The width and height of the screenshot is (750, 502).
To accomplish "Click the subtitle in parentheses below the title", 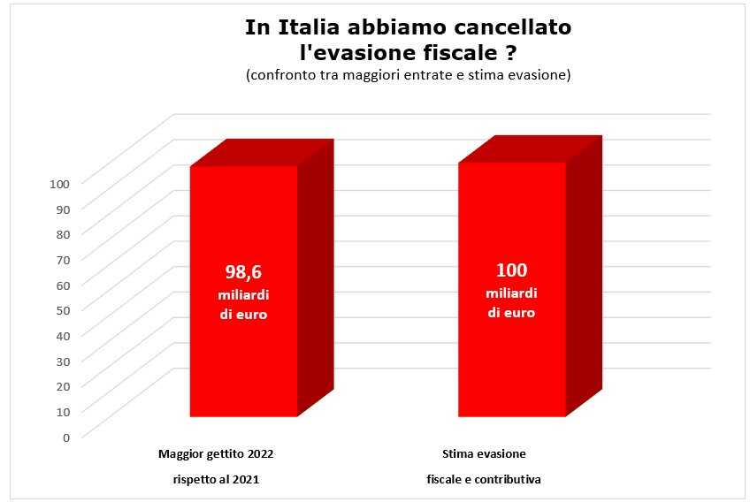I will tap(408, 75).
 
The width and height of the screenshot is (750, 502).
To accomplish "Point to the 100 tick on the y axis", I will tap(60, 184).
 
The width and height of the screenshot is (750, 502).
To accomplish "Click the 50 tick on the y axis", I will tap(63, 310).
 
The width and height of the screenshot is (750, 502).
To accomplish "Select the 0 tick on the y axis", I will tap(66, 437).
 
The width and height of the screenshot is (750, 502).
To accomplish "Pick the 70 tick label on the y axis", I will tap(63, 260).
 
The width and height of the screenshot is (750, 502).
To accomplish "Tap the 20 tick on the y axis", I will tap(63, 386).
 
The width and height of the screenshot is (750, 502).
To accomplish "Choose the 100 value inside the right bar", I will tap(511, 270).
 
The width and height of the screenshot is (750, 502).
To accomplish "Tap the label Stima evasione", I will tap(484, 454).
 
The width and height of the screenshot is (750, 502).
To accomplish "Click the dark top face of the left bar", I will tap(262, 153).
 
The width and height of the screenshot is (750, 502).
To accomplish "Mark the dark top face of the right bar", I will tap(530, 149).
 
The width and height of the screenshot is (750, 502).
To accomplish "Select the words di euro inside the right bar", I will tap(511, 312).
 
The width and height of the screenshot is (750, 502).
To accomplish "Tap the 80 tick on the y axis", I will tap(63, 234).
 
